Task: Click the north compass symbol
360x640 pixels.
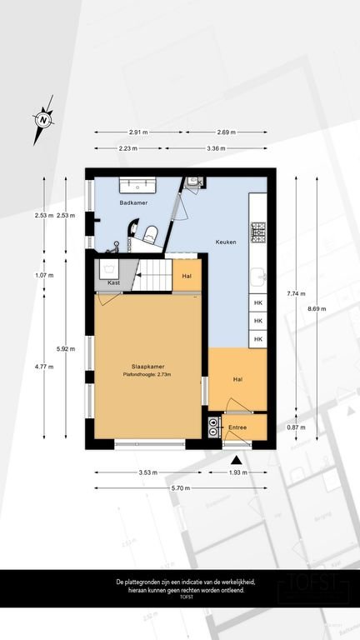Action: pyautogui.click(x=42, y=119)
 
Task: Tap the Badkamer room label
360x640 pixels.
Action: pyautogui.click(x=133, y=203)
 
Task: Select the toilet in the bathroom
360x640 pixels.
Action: pyautogui.click(x=151, y=233)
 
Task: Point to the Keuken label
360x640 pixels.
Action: pyautogui.click(x=225, y=242)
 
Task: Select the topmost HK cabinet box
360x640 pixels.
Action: pyautogui.click(x=258, y=304)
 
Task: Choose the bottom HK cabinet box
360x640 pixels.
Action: pyautogui.click(x=258, y=339)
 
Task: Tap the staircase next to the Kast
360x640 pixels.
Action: pyautogui.click(x=153, y=275)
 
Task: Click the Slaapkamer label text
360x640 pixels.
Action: pyautogui.click(x=147, y=366)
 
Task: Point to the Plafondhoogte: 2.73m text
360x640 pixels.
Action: pyautogui.click(x=147, y=374)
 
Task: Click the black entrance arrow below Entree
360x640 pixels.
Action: pyautogui.click(x=237, y=459)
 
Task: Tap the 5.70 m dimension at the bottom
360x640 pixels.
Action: pyautogui.click(x=182, y=487)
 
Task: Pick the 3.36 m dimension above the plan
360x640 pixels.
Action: pyautogui.click(x=216, y=148)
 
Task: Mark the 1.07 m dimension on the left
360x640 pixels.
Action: pyautogui.click(x=44, y=275)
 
